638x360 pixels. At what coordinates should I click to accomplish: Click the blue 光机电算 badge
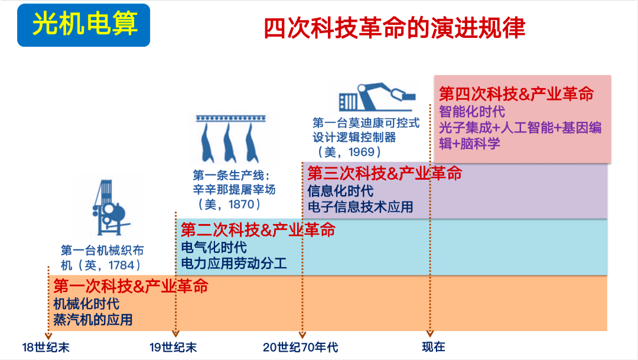click(83, 25)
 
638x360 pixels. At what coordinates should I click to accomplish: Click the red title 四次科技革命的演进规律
click(394, 28)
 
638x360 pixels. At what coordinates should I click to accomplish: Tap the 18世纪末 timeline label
click(45, 348)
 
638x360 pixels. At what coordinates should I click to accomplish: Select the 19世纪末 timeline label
click(173, 348)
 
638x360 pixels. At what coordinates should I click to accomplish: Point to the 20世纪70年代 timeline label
click(300, 348)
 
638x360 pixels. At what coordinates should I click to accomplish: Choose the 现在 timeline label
click(434, 347)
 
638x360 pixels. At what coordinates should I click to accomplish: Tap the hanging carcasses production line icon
click(231, 138)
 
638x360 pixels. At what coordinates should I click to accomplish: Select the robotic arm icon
click(377, 97)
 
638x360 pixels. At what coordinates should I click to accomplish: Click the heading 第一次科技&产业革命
click(131, 286)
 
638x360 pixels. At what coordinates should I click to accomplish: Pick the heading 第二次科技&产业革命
click(258, 230)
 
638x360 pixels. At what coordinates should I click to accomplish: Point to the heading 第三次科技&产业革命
click(385, 173)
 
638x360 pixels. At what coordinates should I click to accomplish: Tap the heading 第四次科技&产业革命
click(516, 93)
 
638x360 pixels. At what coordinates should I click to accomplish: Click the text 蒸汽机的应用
click(93, 320)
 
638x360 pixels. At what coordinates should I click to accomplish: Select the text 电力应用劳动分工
click(234, 263)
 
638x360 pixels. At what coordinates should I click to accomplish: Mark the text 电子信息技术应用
click(360, 207)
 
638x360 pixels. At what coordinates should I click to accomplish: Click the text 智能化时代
click(472, 111)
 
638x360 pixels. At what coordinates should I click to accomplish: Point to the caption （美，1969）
click(349, 152)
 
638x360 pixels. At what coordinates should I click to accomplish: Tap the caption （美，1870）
click(229, 204)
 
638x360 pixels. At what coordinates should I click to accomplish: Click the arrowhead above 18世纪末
click(48, 336)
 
